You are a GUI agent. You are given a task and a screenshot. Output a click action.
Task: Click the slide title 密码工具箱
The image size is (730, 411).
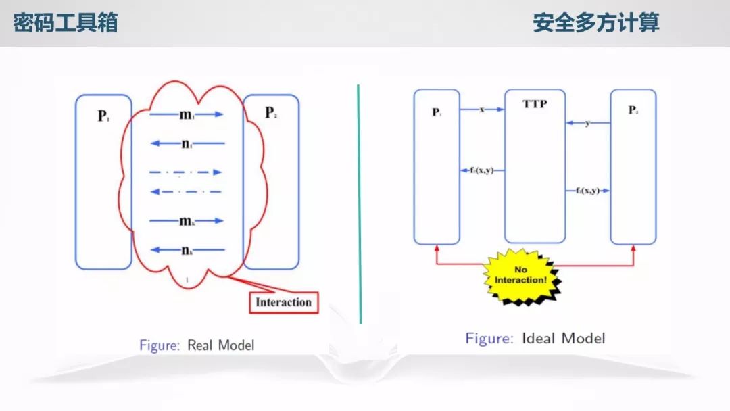66,23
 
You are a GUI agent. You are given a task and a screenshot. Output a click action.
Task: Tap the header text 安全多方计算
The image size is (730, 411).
595,23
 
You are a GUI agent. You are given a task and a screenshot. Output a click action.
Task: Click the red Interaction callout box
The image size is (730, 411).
283,302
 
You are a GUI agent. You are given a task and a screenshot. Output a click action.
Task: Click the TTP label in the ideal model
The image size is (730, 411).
534,105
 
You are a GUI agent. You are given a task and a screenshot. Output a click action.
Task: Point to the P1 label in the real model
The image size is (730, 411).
103,116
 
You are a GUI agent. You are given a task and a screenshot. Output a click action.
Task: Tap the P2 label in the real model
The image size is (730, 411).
271,113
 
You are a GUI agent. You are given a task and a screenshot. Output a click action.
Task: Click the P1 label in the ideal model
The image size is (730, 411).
437,112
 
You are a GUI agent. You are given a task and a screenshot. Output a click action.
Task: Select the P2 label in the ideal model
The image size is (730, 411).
633,110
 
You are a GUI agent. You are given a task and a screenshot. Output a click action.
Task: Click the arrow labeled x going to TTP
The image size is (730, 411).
482,109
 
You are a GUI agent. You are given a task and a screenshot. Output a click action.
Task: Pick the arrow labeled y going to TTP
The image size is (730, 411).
587,123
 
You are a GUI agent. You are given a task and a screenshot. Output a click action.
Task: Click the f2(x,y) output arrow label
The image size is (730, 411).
587,191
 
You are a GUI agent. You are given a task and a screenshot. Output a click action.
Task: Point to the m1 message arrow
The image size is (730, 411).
186,114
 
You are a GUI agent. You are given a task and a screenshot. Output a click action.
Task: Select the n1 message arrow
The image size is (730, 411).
186,143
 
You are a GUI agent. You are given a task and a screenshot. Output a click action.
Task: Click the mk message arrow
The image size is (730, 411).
186,220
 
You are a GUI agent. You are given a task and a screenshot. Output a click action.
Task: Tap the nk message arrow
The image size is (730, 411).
186,250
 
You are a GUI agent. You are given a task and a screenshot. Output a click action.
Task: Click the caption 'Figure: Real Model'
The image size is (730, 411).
197,345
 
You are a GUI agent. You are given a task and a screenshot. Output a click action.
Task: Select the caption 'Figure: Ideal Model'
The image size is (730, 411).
535,338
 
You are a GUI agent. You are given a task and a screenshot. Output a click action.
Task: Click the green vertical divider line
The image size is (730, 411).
359,203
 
